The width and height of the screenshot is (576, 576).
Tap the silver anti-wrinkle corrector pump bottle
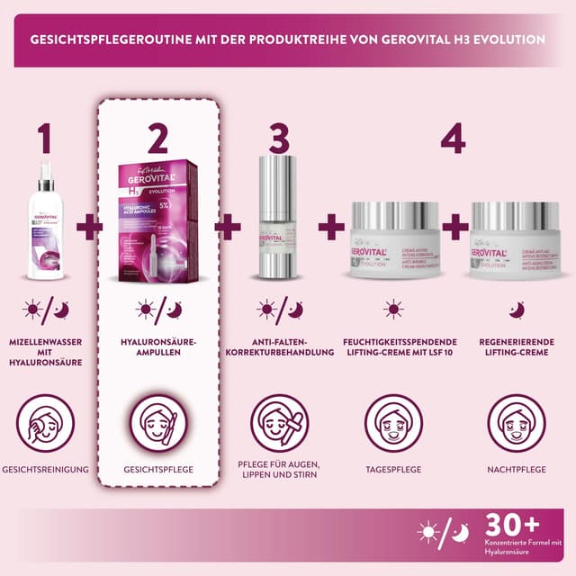pyautogui.click(x=280, y=220)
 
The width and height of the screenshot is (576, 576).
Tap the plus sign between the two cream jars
pyautogui.click(x=454, y=227)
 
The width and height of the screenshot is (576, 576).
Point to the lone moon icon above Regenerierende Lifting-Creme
pyautogui.click(x=517, y=310)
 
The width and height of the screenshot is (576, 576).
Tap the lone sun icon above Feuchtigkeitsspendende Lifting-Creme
pyautogui.click(x=393, y=310)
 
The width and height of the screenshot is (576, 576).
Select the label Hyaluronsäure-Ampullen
pyautogui.click(x=157, y=350)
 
